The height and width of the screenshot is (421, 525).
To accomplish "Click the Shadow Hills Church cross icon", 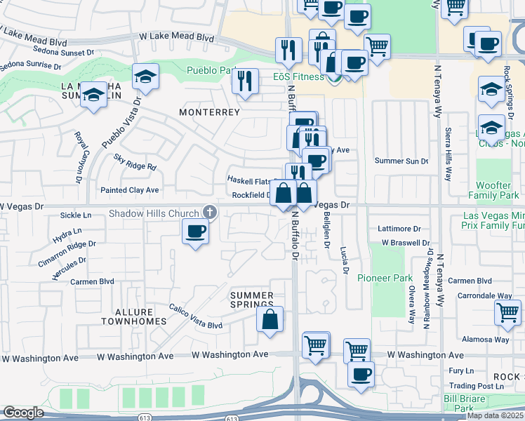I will pos(209,211).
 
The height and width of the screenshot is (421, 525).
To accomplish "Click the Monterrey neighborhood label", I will pos(209,112).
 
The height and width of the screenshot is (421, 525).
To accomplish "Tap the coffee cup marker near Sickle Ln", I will pos(195,231).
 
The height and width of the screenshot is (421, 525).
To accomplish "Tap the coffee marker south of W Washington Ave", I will pos(361,374).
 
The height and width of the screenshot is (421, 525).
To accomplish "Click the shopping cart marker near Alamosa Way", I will pos(507,313).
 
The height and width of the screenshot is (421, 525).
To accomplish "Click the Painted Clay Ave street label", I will pos(130,190).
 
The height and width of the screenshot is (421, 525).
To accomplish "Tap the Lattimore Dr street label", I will pos(399,229).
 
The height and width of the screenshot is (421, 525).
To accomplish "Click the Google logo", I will pos(23,413).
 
